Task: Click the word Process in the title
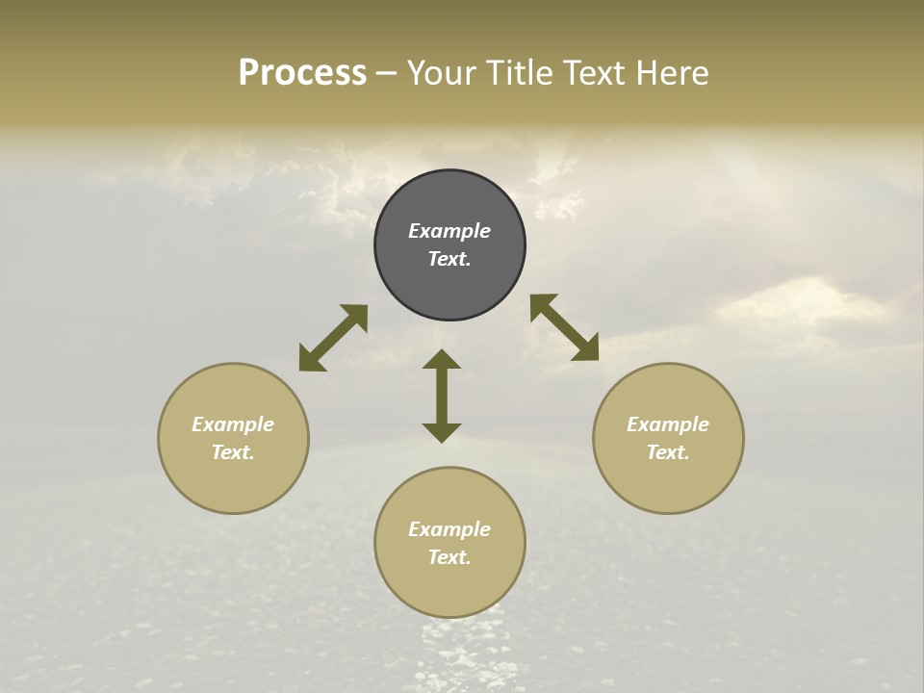(302, 73)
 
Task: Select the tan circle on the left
(233, 481)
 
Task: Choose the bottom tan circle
(449, 588)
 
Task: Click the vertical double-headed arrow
(442, 396)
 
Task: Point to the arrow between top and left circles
(333, 338)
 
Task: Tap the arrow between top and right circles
(564, 327)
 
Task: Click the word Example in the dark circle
(449, 231)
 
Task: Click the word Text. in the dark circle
(449, 259)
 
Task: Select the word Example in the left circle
(233, 424)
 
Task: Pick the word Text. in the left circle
(233, 452)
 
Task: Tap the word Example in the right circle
(668, 424)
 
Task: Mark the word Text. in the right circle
(668, 452)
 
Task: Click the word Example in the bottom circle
(449, 529)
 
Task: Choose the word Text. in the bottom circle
(449, 557)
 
